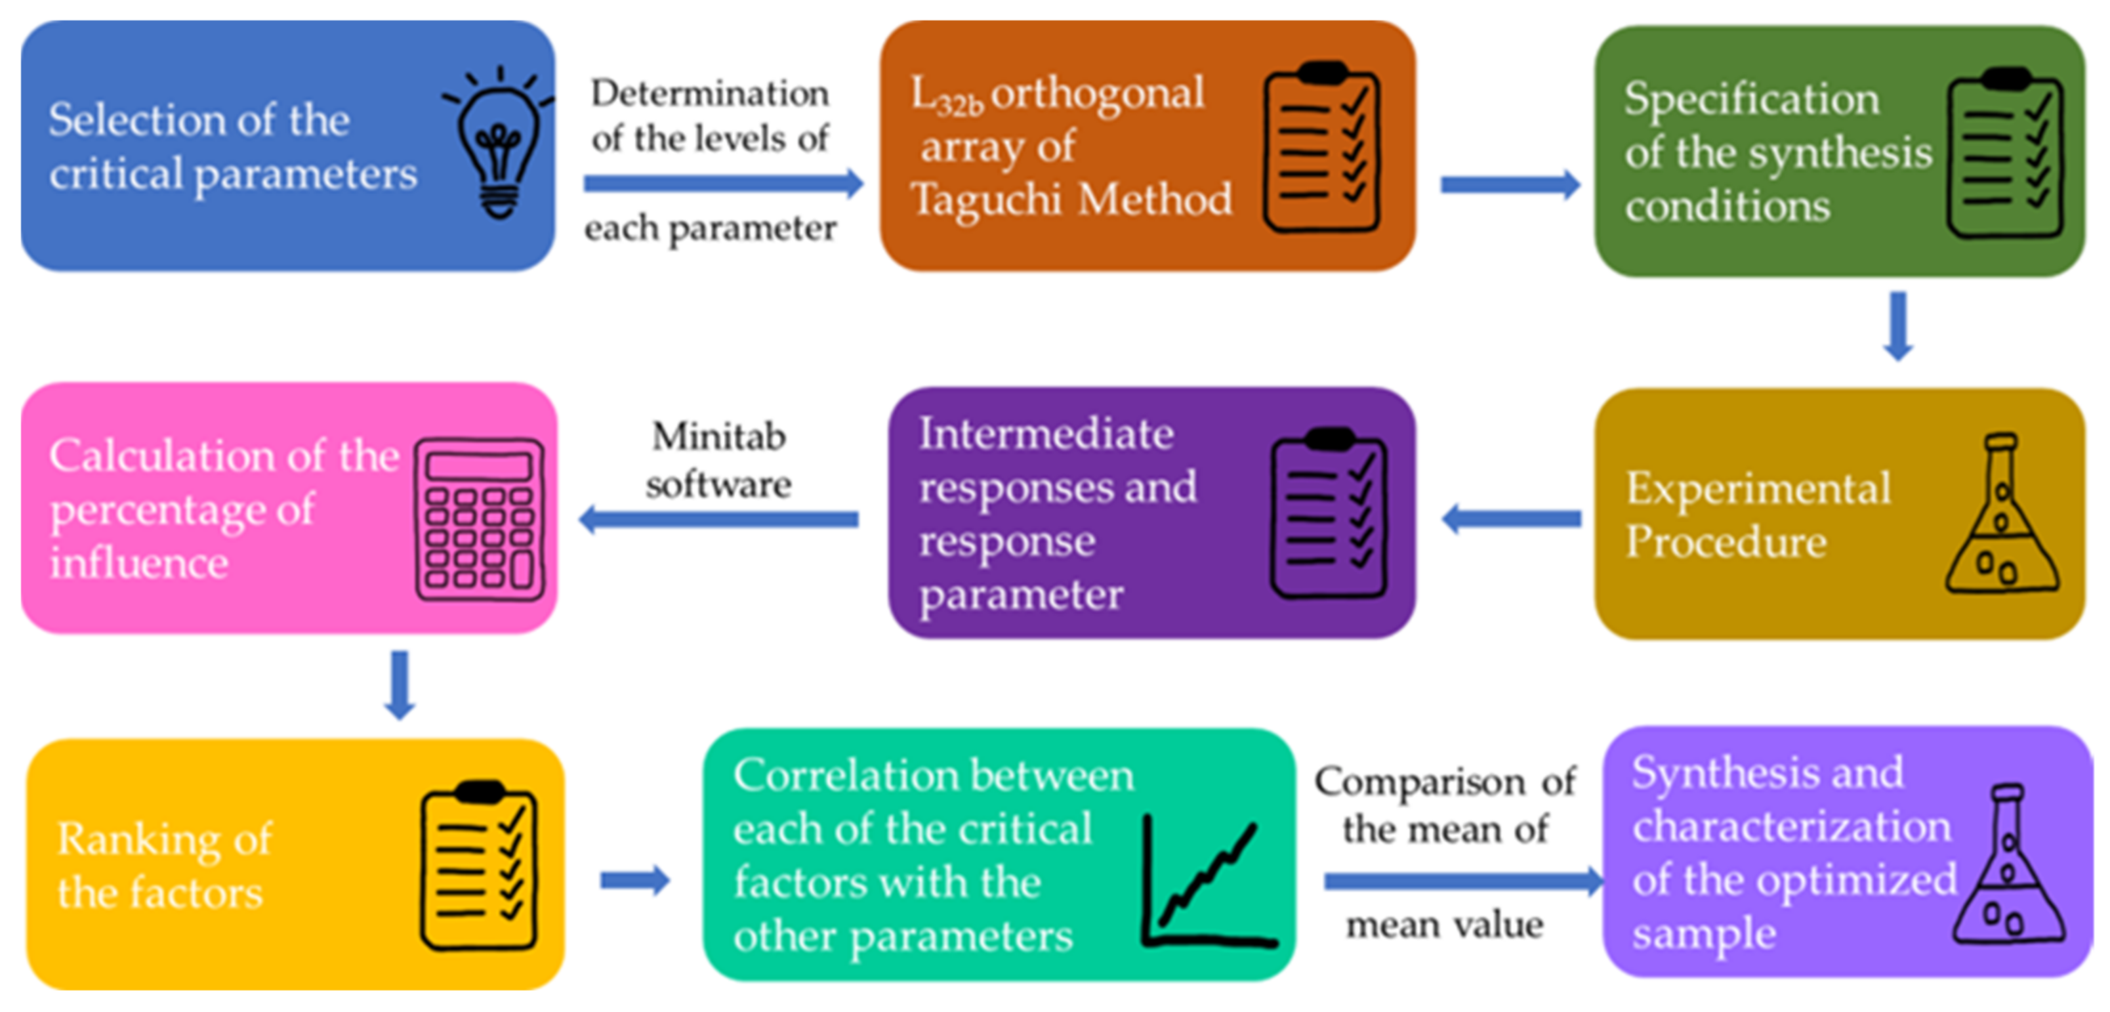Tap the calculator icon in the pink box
pyautogui.click(x=479, y=518)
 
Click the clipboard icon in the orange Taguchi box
pyautogui.click(x=1322, y=148)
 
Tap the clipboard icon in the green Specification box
pyautogui.click(x=2004, y=154)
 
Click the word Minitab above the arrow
pyautogui.click(x=718, y=436)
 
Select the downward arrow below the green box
pyautogui.click(x=1898, y=326)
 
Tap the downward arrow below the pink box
pyautogui.click(x=399, y=685)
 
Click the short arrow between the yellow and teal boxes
pyautogui.click(x=635, y=881)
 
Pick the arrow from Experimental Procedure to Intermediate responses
pyautogui.click(x=1511, y=518)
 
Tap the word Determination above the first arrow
pyautogui.click(x=709, y=93)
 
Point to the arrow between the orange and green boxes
pyautogui.click(x=1510, y=184)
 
